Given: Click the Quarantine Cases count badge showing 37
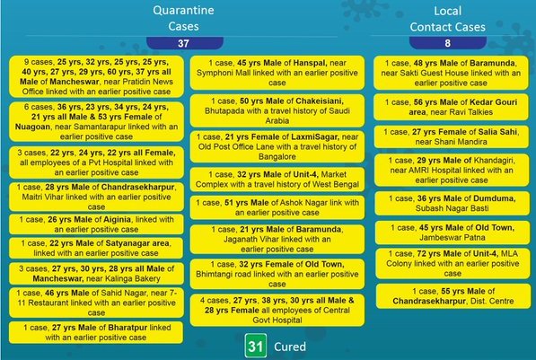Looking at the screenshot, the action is pyautogui.click(x=185, y=43).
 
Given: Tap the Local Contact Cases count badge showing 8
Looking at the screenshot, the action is pyautogui.click(x=447, y=43).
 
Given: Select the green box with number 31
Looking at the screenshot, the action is pyautogui.click(x=256, y=346).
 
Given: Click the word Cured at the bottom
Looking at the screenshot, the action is pyautogui.click(x=290, y=347).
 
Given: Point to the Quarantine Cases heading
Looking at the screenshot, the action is pyautogui.click(x=183, y=18).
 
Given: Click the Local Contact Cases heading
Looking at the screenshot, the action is pyautogui.click(x=447, y=19).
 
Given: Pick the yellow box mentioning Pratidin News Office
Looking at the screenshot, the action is pyautogui.click(x=96, y=76).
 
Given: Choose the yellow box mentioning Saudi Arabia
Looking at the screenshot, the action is pyautogui.click(x=277, y=110).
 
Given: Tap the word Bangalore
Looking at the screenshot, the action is pyautogui.click(x=277, y=156).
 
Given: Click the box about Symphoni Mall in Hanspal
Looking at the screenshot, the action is pyautogui.click(x=277, y=73).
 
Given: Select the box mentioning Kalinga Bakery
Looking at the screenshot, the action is pyautogui.click(x=96, y=274).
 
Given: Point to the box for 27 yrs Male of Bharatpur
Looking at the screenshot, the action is pyautogui.click(x=96, y=332).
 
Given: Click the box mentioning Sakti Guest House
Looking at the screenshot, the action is pyautogui.click(x=451, y=73).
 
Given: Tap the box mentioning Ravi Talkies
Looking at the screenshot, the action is pyautogui.click(x=451, y=107).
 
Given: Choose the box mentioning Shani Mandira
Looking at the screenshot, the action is pyautogui.click(x=452, y=136).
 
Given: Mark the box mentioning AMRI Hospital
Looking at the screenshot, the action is pyautogui.click(x=452, y=171).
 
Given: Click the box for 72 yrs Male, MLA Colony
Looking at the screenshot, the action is pyautogui.click(x=453, y=264).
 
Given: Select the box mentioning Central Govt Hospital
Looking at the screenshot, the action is pyautogui.click(x=277, y=310).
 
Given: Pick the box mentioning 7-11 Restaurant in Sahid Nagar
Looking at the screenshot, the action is pyautogui.click(x=96, y=303).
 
